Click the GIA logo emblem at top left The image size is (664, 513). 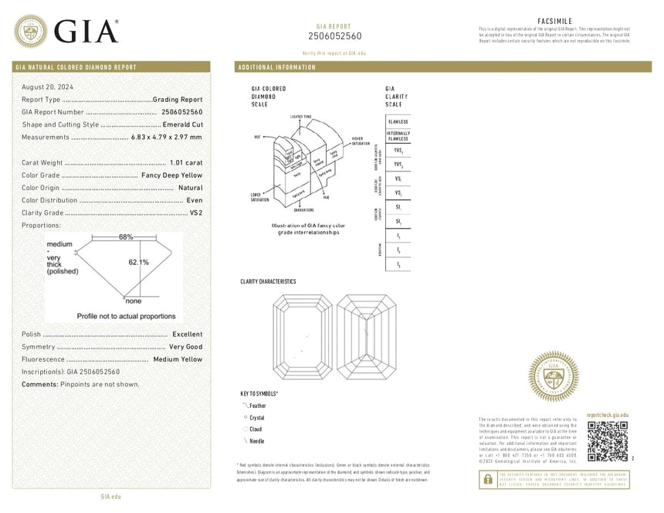pyautogui.click(x=31, y=30)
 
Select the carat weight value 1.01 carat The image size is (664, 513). pyautogui.click(x=185, y=162)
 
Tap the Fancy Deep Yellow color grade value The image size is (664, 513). pyautogui.click(x=171, y=175)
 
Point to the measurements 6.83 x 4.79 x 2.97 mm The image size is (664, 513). pyautogui.click(x=166, y=137)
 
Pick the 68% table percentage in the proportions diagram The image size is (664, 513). pyautogui.click(x=126, y=236)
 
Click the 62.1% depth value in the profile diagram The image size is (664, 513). pyautogui.click(x=139, y=262)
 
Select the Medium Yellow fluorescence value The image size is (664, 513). pyautogui.click(x=178, y=359)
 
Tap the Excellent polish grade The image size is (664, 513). pyautogui.click(x=187, y=335)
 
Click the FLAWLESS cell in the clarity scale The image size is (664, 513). pyautogui.click(x=398, y=122)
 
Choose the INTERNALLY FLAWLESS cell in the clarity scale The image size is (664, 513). pyautogui.click(x=398, y=136)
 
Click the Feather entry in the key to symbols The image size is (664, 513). pyautogui.click(x=257, y=405)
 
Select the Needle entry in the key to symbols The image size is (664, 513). pyautogui.click(x=256, y=441)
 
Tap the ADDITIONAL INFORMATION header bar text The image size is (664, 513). pyautogui.click(x=277, y=68)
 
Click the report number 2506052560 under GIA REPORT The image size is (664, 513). pyautogui.click(x=334, y=36)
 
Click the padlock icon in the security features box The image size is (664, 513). pyautogui.click(x=487, y=480)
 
